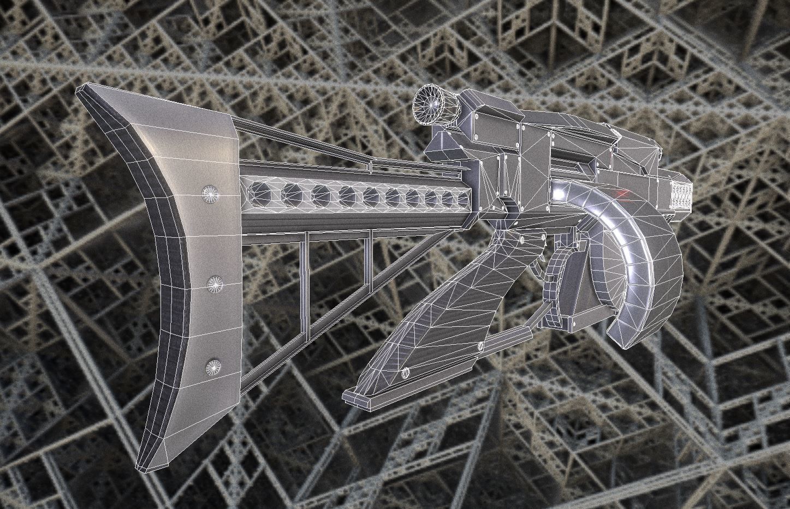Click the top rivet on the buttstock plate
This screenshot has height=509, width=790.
pyautogui.click(x=209, y=193)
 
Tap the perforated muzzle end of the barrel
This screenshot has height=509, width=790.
pyautogui.click(x=680, y=195)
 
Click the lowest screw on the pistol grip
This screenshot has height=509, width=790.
pyautogui.click(x=405, y=373)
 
